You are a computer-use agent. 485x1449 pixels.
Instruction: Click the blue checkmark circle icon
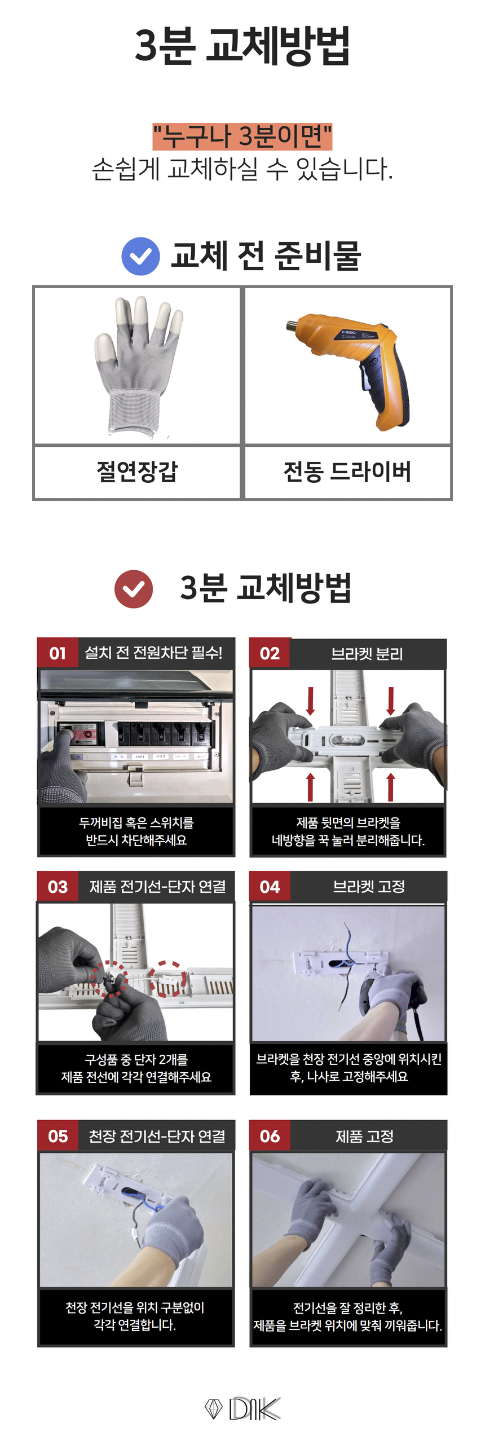pyautogui.click(x=140, y=257)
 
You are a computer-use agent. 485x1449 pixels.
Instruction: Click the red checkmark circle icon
pyautogui.click(x=134, y=589)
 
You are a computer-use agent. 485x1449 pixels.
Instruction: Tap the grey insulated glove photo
pyautogui.click(x=138, y=365)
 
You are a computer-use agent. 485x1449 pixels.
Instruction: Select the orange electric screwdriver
pyautogui.click(x=348, y=370)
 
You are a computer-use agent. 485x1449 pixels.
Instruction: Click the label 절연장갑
pyautogui.click(x=138, y=472)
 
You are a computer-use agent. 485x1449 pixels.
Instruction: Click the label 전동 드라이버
pyautogui.click(x=347, y=472)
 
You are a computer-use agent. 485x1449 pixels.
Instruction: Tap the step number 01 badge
pyautogui.click(x=58, y=653)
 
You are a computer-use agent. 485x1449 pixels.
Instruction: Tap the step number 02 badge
pyautogui.click(x=270, y=653)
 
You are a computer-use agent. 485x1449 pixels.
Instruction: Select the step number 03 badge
pyautogui.click(x=58, y=887)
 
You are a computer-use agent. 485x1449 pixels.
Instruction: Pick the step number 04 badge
pyautogui.click(x=270, y=887)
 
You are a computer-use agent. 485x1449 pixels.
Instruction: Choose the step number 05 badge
pyautogui.click(x=58, y=1135)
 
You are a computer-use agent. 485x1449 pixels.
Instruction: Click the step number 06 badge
pyautogui.click(x=270, y=1135)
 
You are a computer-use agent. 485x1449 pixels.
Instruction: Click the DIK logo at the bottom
pyautogui.click(x=242, y=1408)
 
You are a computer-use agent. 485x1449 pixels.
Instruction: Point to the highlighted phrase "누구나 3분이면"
pyautogui.click(x=242, y=136)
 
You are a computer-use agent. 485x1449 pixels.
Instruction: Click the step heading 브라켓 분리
pyautogui.click(x=367, y=654)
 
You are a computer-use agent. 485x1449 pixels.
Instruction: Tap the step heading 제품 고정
pyautogui.click(x=364, y=1136)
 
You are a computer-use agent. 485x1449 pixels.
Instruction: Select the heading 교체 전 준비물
pyautogui.click(x=266, y=256)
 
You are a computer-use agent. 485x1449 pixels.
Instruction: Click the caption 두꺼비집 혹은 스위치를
pyautogui.click(x=136, y=822)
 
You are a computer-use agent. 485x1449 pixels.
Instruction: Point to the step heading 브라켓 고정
pyautogui.click(x=369, y=887)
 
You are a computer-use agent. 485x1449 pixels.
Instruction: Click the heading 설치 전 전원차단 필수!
pyautogui.click(x=153, y=653)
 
